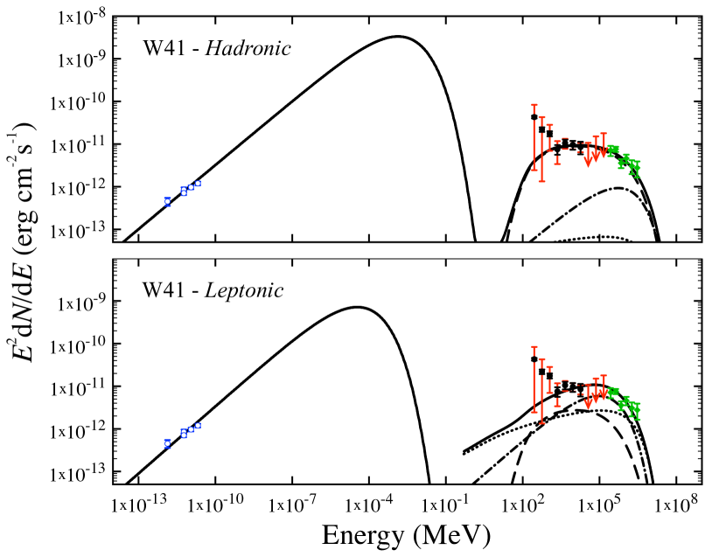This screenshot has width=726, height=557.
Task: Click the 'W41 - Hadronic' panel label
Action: click(x=217, y=48)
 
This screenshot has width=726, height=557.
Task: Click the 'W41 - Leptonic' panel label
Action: click(x=213, y=291)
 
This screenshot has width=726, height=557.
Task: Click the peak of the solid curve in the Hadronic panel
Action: click(x=398, y=36)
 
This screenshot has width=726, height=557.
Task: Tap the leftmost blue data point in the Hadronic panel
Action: click(x=167, y=201)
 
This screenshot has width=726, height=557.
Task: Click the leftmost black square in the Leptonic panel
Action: click(x=534, y=359)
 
